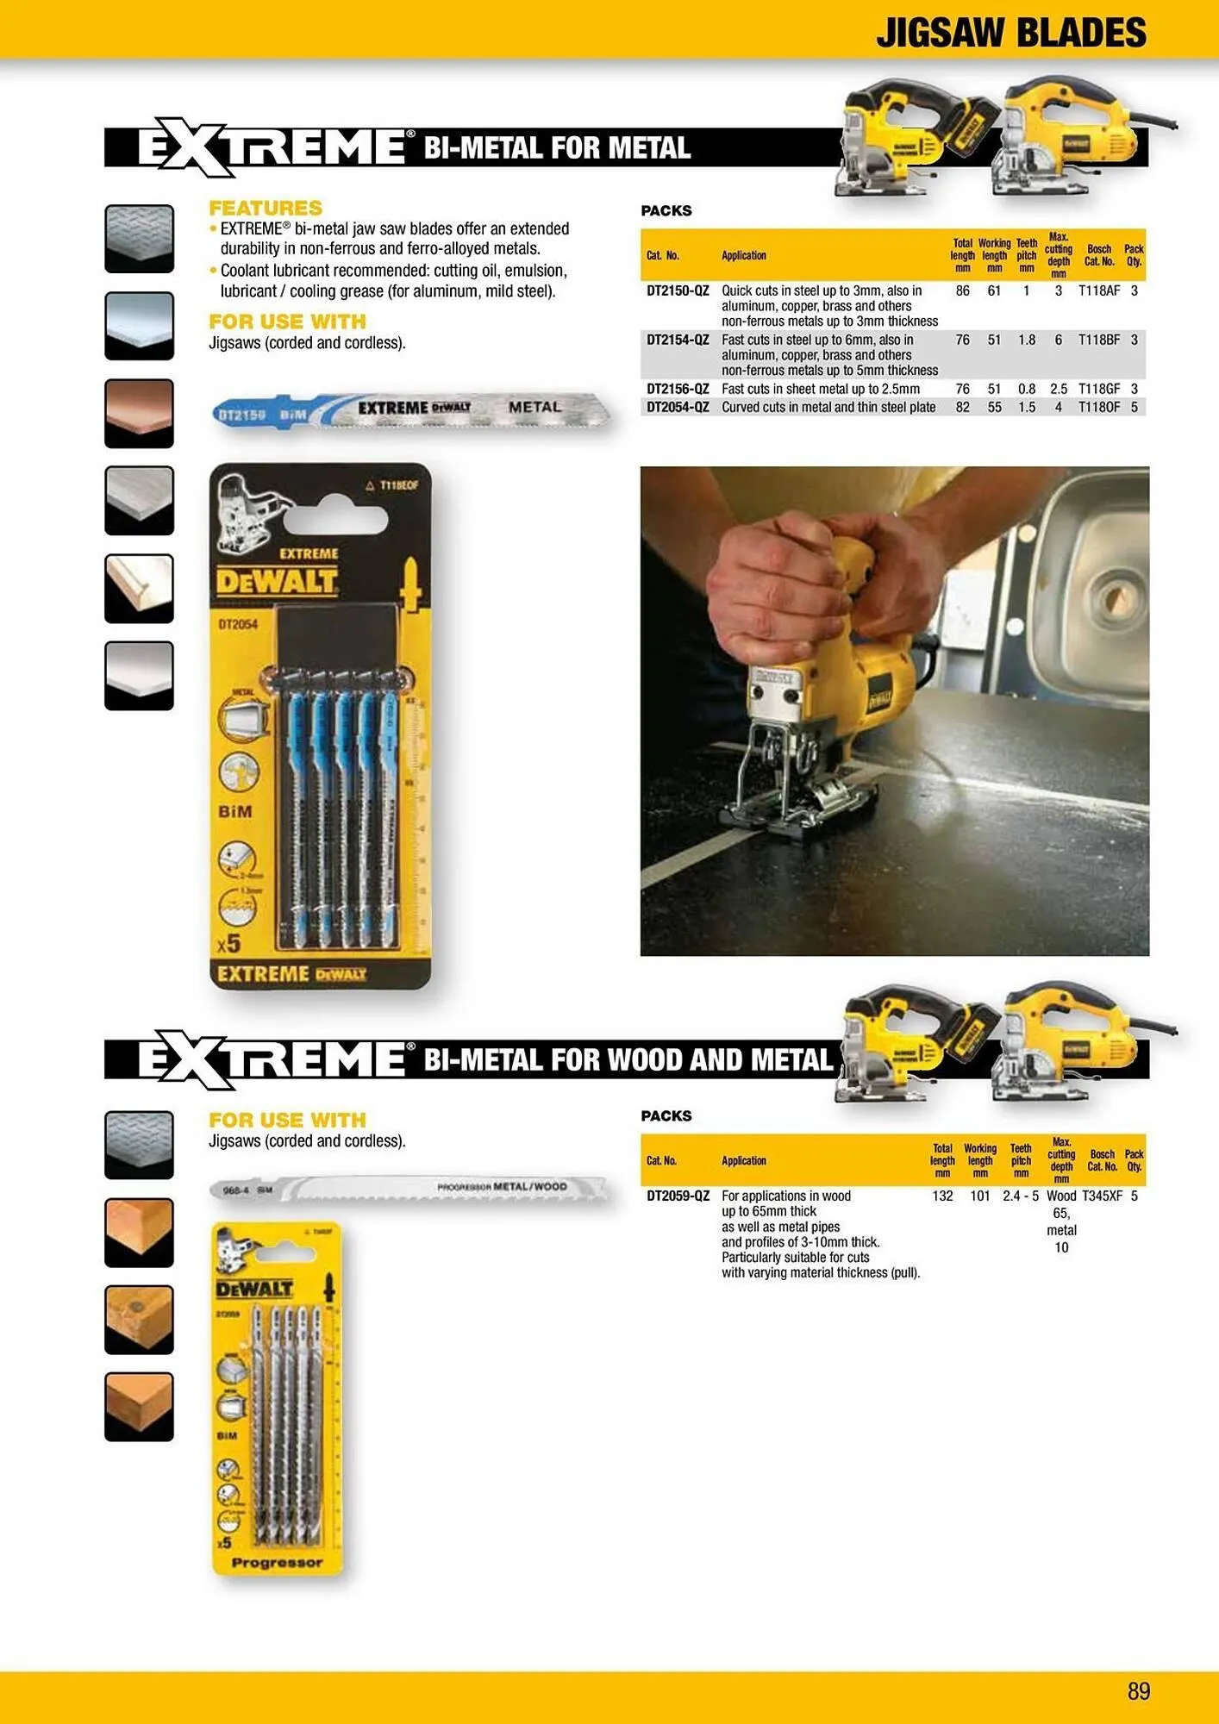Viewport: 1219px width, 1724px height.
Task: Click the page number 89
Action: pyautogui.click(x=1138, y=1690)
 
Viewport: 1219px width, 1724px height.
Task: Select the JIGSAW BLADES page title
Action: pyautogui.click(x=1010, y=33)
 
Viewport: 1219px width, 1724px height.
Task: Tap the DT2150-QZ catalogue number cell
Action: pyautogui.click(x=678, y=291)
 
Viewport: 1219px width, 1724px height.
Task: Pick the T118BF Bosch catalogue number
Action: pyautogui.click(x=1098, y=340)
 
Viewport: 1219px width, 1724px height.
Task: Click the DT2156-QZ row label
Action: pyautogui.click(x=678, y=390)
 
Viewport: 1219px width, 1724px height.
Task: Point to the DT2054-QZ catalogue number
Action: pyautogui.click(x=678, y=408)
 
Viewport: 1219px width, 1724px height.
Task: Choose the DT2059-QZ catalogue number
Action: pyautogui.click(x=678, y=1196)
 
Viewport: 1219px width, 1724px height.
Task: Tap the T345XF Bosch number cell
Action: pyautogui.click(x=1102, y=1196)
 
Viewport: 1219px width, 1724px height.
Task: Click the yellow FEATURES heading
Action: pyautogui.click(x=266, y=208)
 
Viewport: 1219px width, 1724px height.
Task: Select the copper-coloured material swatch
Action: pyautogui.click(x=139, y=412)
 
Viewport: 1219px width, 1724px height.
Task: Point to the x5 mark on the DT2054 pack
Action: pyautogui.click(x=228, y=944)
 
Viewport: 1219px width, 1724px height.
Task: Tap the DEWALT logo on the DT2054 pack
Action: pyautogui.click(x=276, y=582)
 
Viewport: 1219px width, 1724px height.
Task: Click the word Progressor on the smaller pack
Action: pyautogui.click(x=277, y=1563)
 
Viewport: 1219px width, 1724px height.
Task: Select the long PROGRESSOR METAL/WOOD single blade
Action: pyautogui.click(x=410, y=1189)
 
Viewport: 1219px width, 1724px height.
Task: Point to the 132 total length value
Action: pyautogui.click(x=942, y=1196)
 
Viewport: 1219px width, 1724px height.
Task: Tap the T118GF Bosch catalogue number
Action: pyautogui.click(x=1098, y=390)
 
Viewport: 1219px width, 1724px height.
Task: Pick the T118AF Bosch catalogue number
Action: pyautogui.click(x=1098, y=291)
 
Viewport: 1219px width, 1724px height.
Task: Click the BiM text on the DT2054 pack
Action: pyautogui.click(x=235, y=812)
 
